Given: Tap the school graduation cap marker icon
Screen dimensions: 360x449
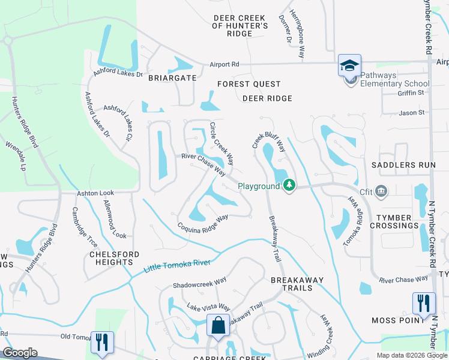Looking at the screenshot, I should pos(349,65).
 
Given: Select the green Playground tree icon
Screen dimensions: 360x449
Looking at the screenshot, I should pos(290,185).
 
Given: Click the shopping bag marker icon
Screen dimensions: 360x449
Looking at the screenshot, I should pos(218,326).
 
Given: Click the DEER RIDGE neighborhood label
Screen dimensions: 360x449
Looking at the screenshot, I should pos(267,98).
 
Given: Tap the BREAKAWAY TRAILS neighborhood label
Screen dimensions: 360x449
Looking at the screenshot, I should pos(297,284).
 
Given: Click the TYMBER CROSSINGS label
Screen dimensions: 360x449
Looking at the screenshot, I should pos(394,221).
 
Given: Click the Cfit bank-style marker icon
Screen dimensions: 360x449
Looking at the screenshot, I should pos(382,191).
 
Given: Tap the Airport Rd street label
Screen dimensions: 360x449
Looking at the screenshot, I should pos(224,64).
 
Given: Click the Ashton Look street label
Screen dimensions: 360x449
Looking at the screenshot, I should pos(95,194).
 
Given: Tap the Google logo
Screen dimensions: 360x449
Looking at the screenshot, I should pos(20,353).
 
